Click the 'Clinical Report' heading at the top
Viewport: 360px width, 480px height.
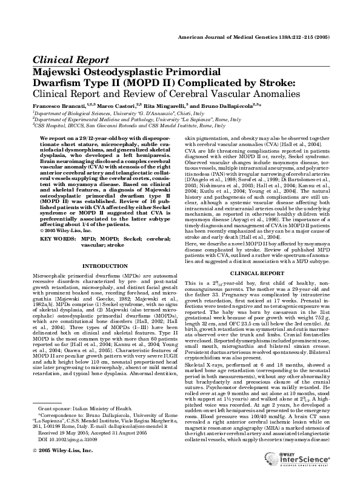[x=71, y=60]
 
